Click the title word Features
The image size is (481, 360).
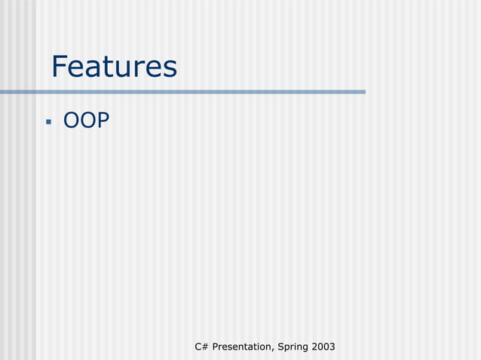tap(114, 68)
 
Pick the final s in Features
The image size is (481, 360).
tap(170, 69)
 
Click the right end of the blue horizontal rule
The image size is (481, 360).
tap(363, 92)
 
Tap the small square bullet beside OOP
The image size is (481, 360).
tap(48, 121)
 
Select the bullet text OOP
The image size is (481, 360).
tap(86, 120)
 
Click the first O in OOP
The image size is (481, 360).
tap(72, 120)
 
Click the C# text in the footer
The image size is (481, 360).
tap(201, 346)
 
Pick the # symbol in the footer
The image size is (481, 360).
tap(205, 346)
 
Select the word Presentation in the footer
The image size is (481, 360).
tap(243, 346)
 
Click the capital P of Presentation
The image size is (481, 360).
tap(216, 346)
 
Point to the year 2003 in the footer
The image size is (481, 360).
tap(323, 346)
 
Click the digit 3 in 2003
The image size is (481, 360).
tap(332, 346)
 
